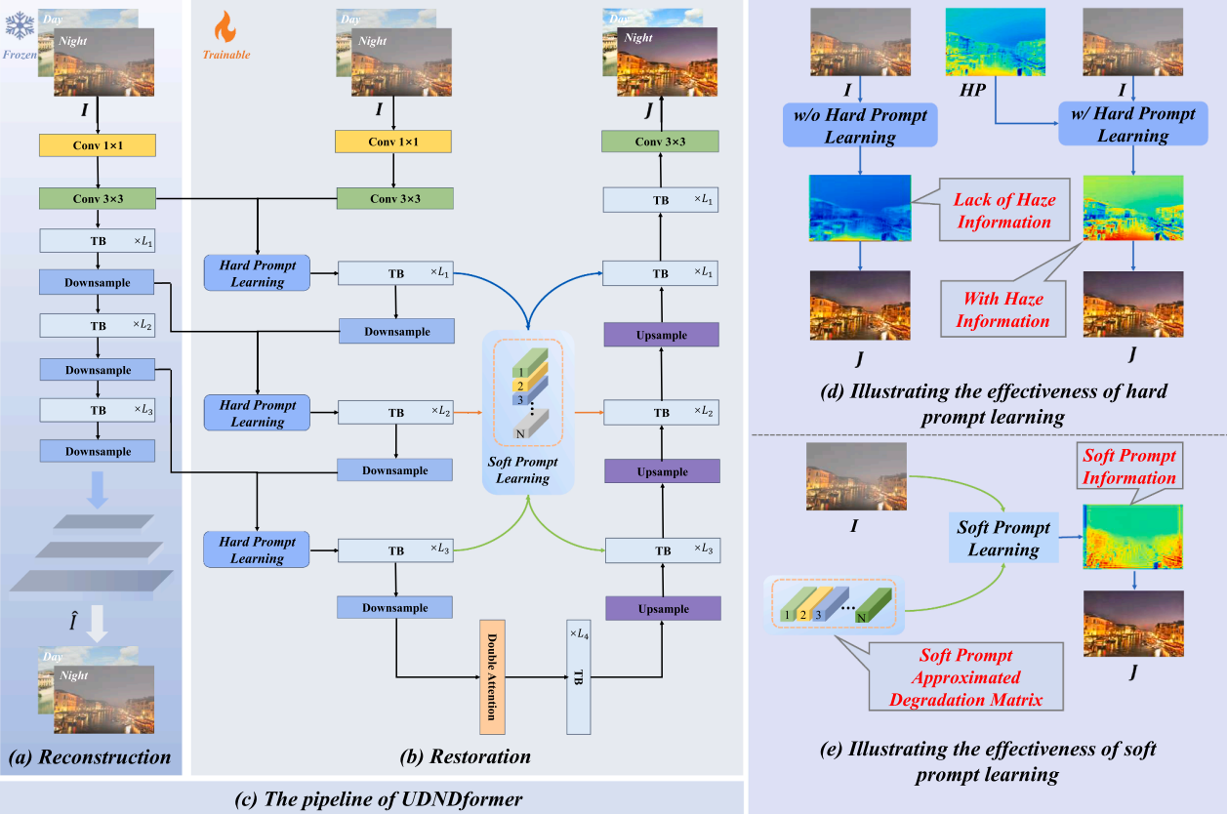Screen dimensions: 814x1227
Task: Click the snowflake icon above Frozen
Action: pyautogui.click(x=20, y=26)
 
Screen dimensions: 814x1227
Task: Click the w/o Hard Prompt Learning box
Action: pyautogui.click(x=860, y=126)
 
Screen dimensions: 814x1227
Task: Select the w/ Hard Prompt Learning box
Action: pyautogui.click(x=1132, y=125)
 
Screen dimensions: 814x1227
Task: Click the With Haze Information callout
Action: pyautogui.click(x=1003, y=308)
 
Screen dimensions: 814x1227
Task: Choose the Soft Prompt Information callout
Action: pyautogui.click(x=1128, y=467)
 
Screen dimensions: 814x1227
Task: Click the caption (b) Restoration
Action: pyautogui.click(x=467, y=756)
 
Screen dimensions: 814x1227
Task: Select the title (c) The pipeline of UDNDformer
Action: pyautogui.click(x=380, y=798)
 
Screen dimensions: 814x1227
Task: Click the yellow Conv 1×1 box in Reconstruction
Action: pyautogui.click(x=98, y=143)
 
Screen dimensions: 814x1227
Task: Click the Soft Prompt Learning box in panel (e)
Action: pyautogui.click(x=1003, y=538)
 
